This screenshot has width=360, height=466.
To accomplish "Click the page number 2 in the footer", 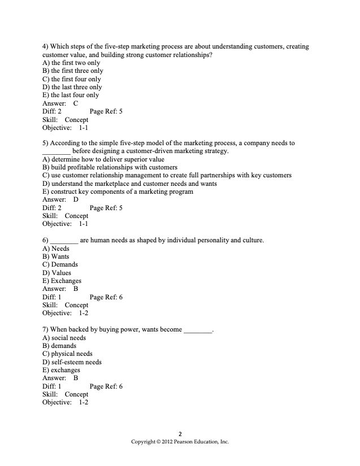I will click(x=180, y=434).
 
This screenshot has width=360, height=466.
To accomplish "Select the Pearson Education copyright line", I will click(x=180, y=442).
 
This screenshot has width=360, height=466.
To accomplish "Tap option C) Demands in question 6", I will click(x=60, y=264).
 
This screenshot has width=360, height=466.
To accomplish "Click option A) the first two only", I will click(x=71, y=63).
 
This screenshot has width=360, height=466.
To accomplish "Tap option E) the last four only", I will click(x=71, y=95).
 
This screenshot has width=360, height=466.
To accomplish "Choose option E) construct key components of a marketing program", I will click(x=118, y=191).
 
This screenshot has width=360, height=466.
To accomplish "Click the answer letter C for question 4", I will click(x=76, y=103).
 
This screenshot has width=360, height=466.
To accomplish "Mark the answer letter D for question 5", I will click(x=76, y=199).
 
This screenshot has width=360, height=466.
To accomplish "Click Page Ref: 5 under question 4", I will click(x=106, y=112).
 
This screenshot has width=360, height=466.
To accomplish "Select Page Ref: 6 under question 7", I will click(x=106, y=386).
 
